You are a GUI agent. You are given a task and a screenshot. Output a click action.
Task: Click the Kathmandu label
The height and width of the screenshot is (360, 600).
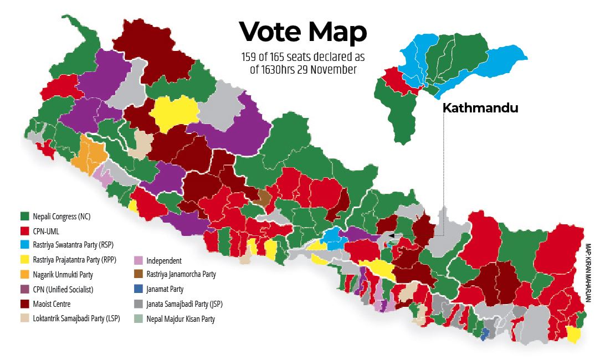click(480, 109)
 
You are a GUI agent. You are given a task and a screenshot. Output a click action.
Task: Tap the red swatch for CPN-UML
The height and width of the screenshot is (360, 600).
click(24, 230)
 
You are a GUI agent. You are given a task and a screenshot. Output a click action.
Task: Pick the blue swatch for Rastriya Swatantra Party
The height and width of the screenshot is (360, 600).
click(24, 244)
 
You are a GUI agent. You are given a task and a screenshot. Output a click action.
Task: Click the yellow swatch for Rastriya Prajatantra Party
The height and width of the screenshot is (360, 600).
click(24, 259)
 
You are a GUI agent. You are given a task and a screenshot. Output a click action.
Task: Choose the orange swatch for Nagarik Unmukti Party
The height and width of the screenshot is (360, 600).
click(24, 274)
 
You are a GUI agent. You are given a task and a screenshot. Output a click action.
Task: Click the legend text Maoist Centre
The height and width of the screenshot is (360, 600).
click(52, 304)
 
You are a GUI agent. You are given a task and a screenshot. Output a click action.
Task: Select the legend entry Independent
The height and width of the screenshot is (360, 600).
click(163, 260)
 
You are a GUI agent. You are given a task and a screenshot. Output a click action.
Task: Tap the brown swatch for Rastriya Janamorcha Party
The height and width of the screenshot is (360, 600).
click(139, 274)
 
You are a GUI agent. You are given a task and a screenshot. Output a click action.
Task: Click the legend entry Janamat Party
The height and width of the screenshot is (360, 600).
click(165, 289)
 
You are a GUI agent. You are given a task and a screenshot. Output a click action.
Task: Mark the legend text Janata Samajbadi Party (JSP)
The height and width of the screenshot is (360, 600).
click(184, 304)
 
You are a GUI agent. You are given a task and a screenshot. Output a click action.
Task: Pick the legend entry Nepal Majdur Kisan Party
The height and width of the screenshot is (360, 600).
click(180, 319)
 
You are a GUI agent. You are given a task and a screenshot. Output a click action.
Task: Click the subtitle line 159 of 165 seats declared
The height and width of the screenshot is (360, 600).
click(302, 57)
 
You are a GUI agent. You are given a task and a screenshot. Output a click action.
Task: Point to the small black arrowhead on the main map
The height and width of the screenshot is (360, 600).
click(391, 236)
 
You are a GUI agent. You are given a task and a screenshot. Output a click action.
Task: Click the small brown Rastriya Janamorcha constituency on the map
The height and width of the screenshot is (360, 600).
click(265, 197)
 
